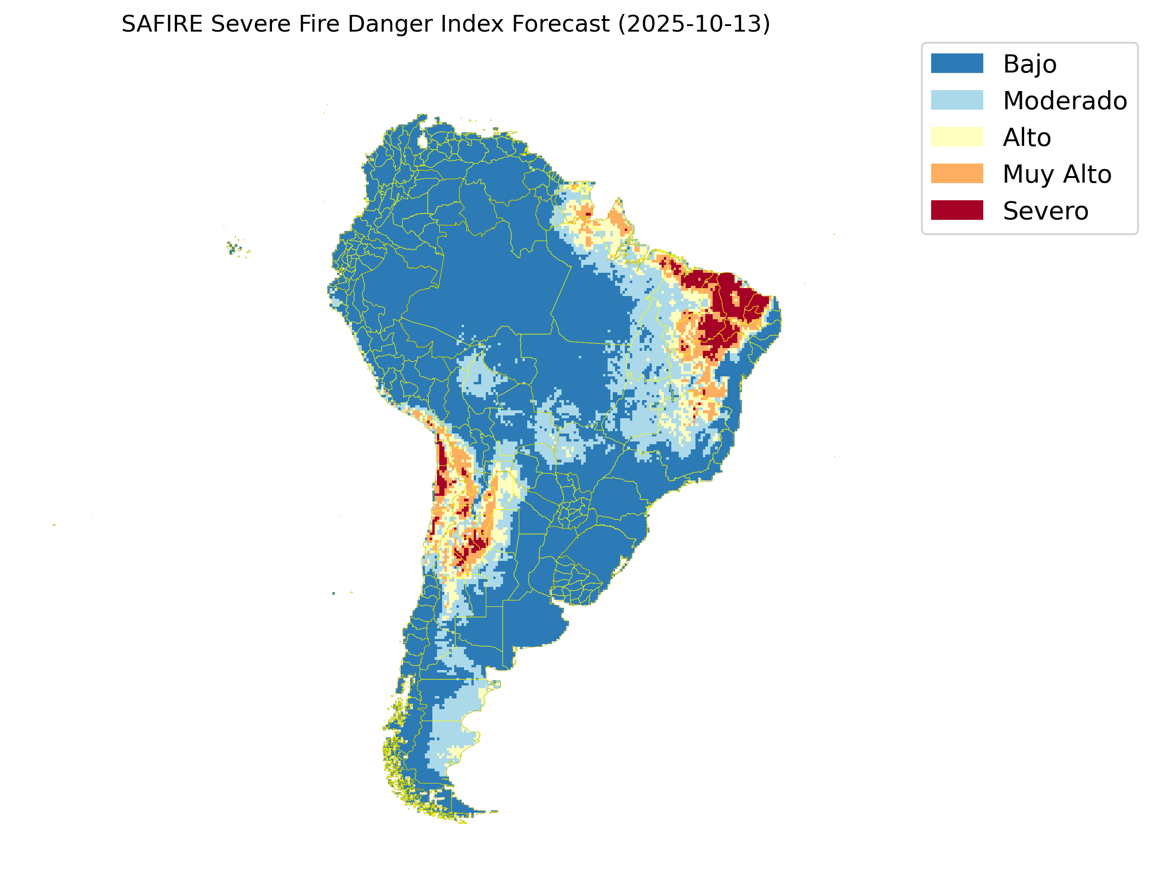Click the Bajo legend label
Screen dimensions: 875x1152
(x=1030, y=64)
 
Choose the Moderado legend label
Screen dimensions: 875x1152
(x=1065, y=100)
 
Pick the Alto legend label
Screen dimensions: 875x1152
(x=1026, y=138)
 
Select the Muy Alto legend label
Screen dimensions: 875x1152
(x=1057, y=174)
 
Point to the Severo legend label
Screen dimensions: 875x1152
(x=1045, y=211)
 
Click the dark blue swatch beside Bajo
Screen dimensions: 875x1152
(x=957, y=64)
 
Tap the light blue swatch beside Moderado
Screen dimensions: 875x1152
(x=957, y=100)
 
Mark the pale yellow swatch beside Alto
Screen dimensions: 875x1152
(x=957, y=137)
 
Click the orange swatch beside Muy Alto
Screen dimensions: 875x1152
(x=957, y=173)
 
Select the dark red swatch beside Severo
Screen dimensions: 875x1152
(x=957, y=211)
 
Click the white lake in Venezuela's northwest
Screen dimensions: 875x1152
(x=423, y=141)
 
